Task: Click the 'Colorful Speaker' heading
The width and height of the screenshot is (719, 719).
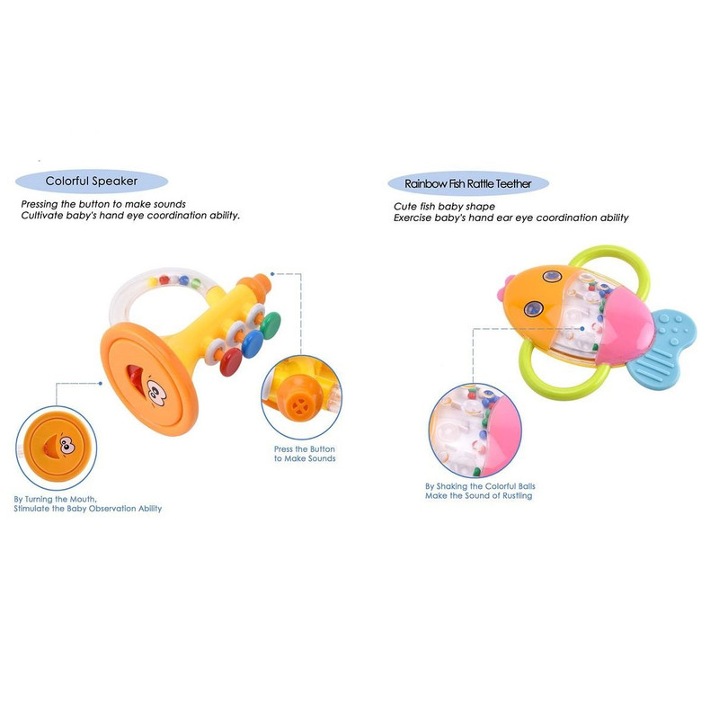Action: click(x=92, y=182)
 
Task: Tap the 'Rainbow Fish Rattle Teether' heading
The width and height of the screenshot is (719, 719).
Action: click(x=467, y=184)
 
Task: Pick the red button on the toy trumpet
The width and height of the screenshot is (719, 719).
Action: click(x=231, y=362)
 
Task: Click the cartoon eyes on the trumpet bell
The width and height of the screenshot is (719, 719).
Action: click(x=156, y=392)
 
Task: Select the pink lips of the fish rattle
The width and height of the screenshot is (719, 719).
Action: click(x=504, y=287)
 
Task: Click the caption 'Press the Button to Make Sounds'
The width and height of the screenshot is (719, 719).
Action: click(x=305, y=454)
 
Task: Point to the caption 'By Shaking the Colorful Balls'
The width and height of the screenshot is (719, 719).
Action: click(x=480, y=486)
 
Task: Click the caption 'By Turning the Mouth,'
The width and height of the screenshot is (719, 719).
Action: click(x=55, y=499)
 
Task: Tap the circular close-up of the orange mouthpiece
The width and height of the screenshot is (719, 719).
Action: click(x=301, y=397)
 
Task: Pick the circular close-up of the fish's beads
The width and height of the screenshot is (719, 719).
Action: click(x=475, y=431)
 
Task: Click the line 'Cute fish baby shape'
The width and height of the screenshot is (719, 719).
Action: click(x=444, y=207)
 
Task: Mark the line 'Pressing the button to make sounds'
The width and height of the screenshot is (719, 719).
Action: click(x=103, y=204)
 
